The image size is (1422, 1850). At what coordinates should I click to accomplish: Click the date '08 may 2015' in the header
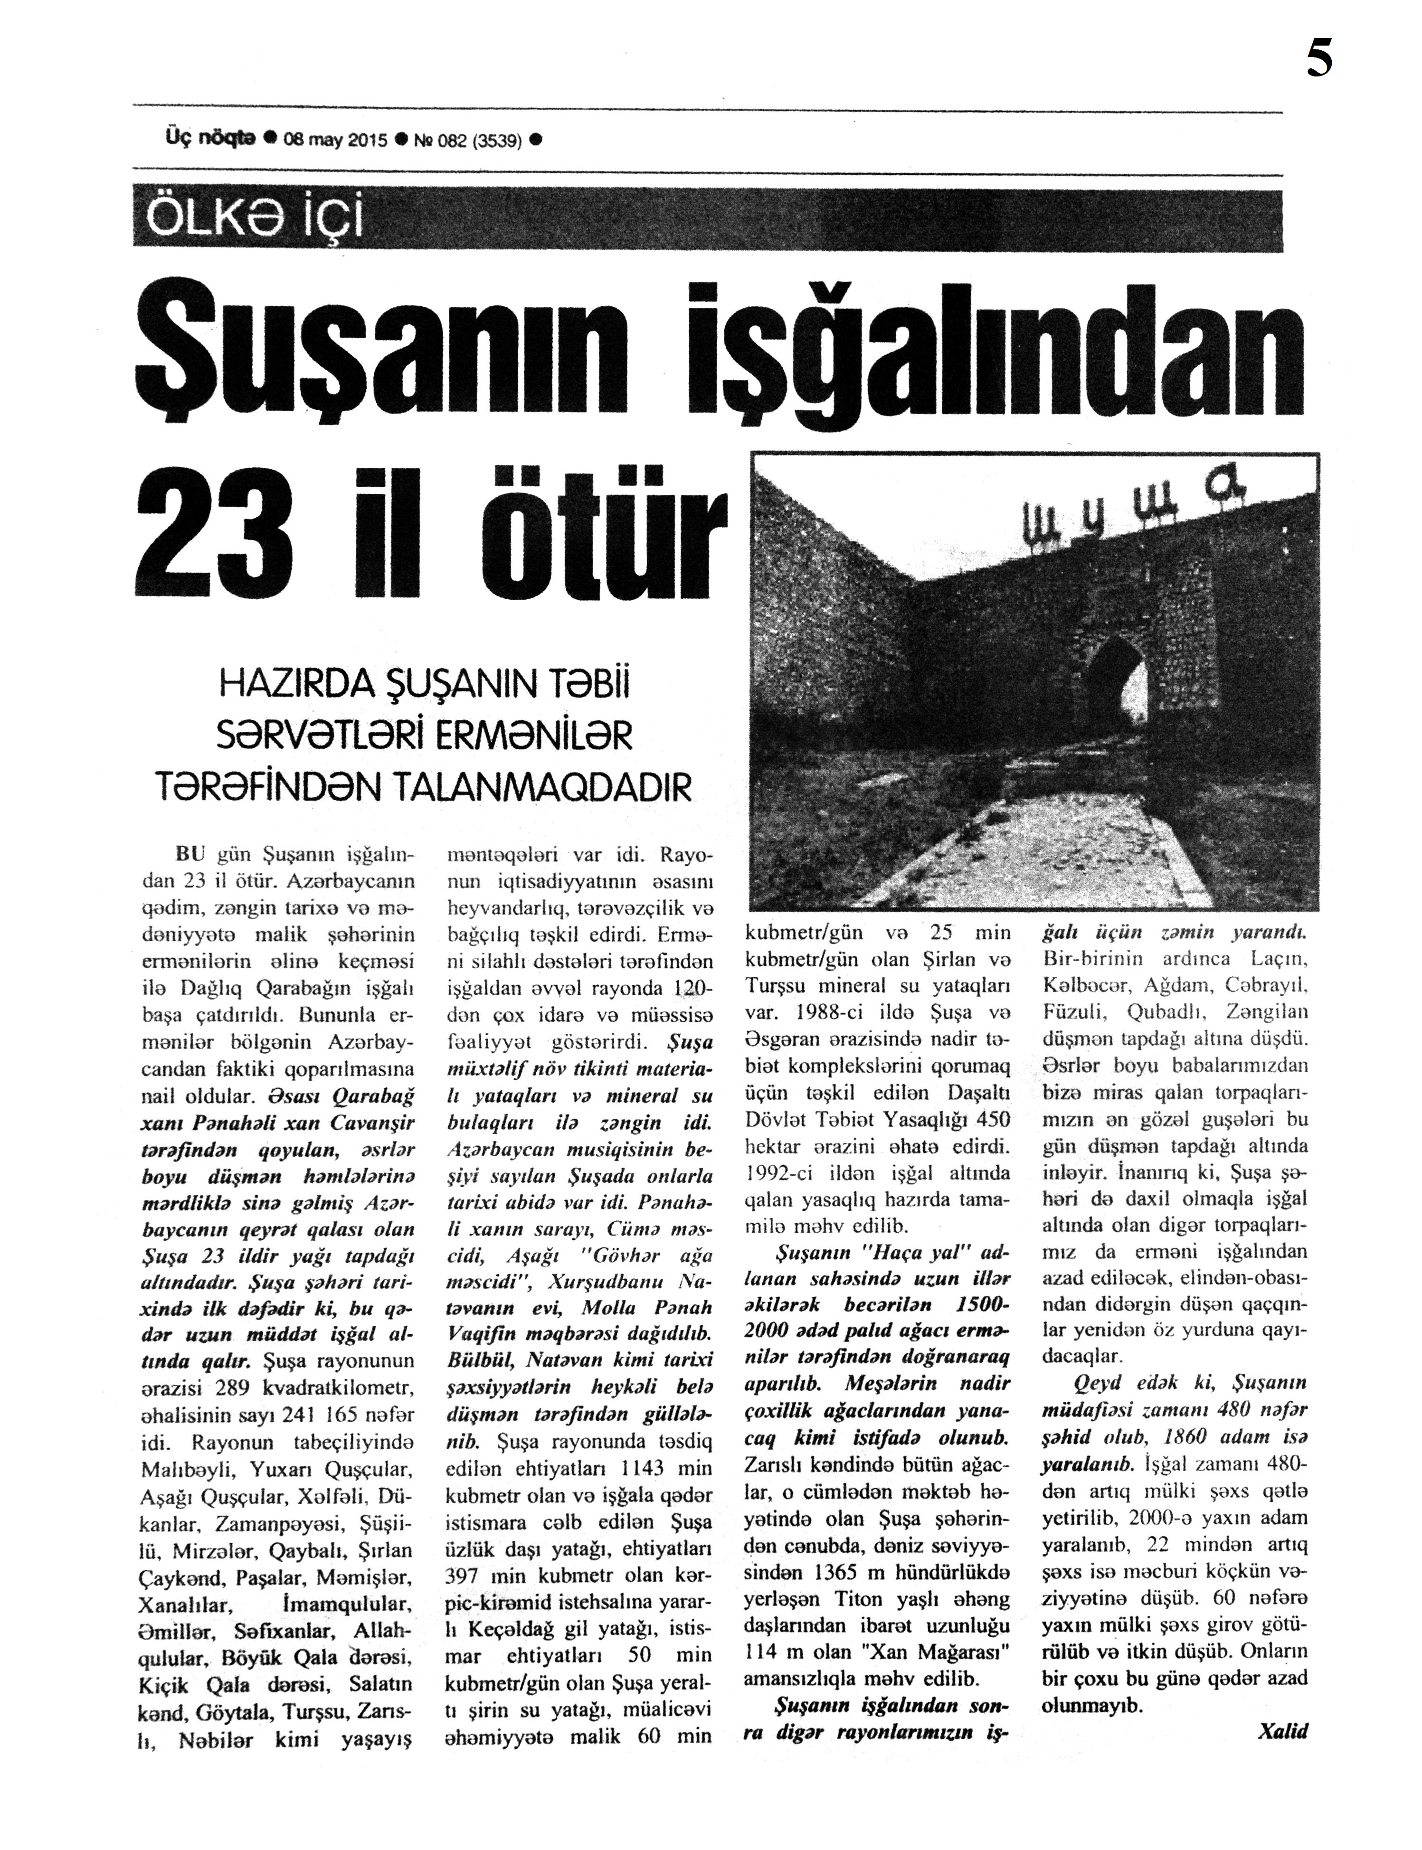coord(335,141)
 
